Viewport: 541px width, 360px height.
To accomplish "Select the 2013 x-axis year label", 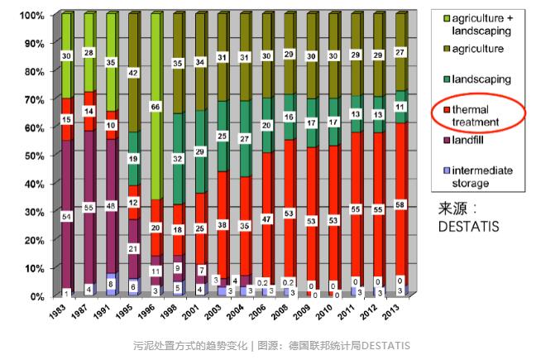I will click(396, 313).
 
